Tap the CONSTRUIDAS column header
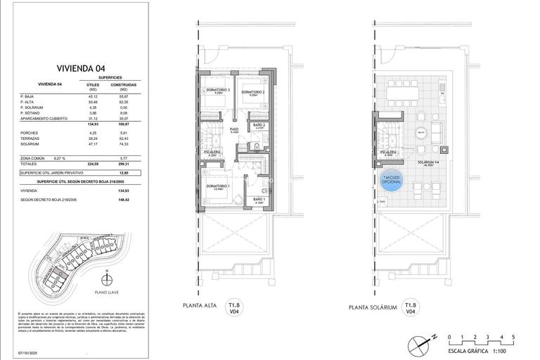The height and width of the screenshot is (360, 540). (x=124, y=86)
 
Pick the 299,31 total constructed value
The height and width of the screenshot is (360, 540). (x=124, y=164)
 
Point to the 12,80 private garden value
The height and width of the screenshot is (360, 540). (x=124, y=172)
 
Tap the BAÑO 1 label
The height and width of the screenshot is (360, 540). (x=259, y=199)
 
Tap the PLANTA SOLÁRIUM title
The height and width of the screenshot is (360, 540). (x=372, y=307)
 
